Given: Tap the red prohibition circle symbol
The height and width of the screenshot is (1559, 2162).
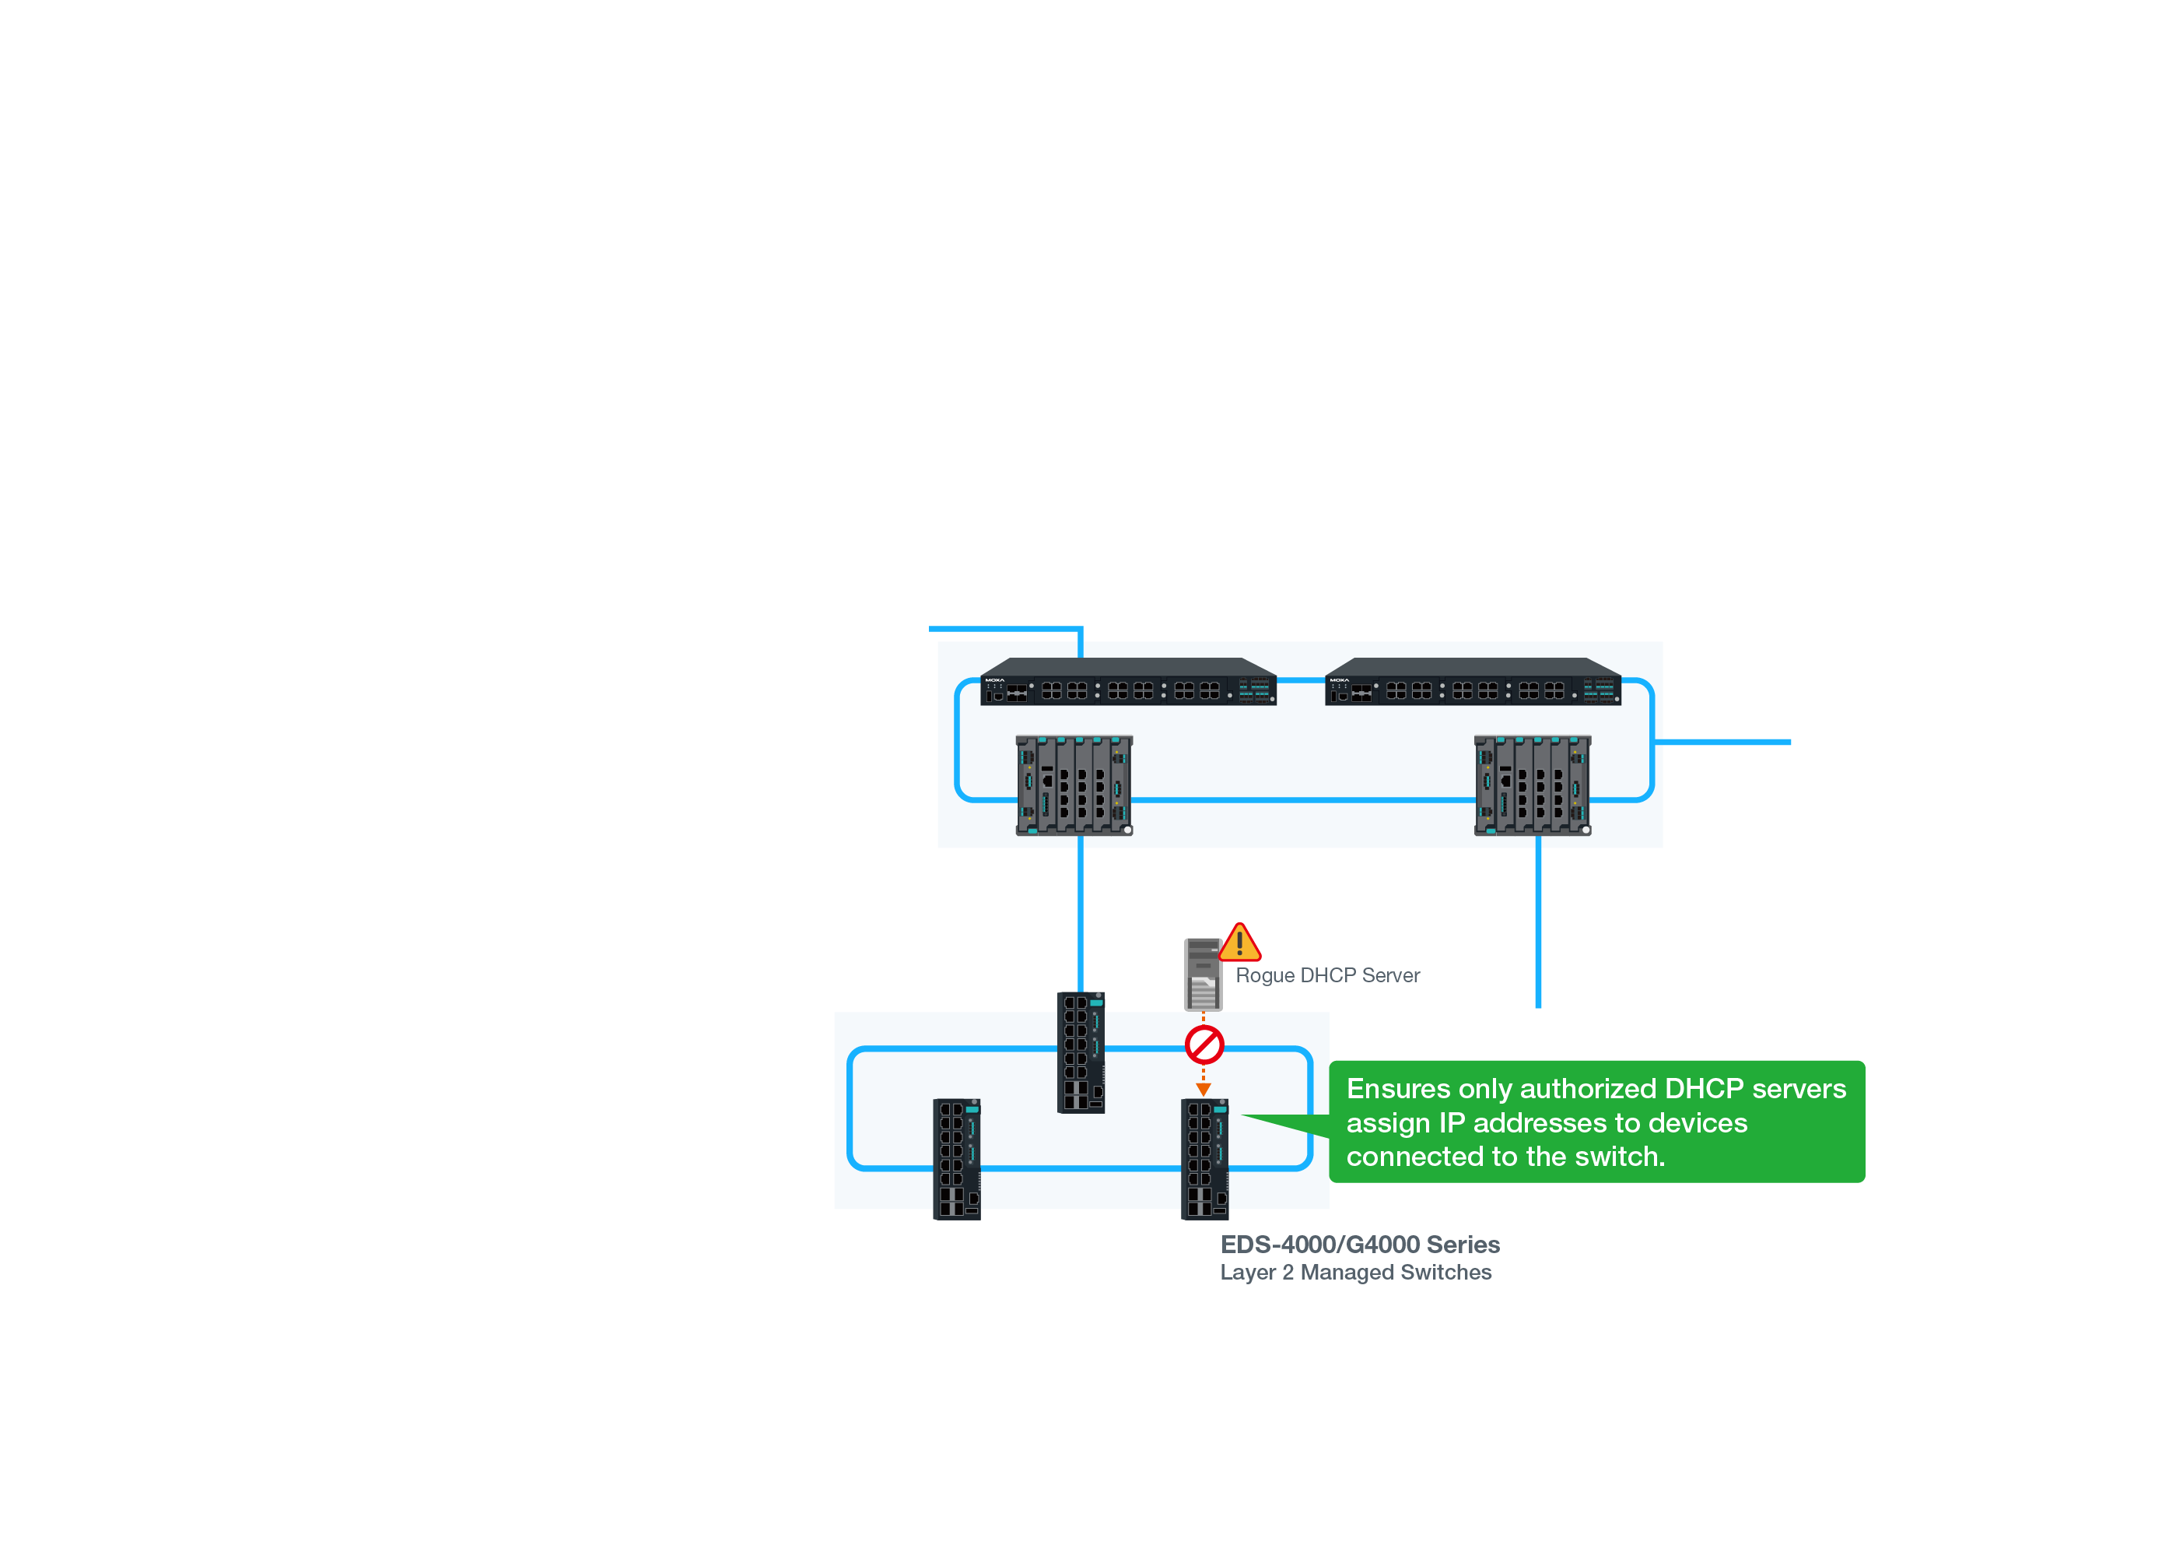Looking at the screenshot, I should (1204, 1045).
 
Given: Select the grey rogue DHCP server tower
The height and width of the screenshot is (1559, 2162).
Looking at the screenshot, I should (1202, 974).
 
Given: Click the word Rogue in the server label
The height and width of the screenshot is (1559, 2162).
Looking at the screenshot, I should (1264, 975).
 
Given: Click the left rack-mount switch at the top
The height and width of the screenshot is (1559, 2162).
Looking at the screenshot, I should (1128, 683).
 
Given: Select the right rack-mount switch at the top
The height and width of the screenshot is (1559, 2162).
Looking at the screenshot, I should (1473, 683).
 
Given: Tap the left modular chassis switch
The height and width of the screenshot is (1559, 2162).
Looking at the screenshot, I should (1074, 785).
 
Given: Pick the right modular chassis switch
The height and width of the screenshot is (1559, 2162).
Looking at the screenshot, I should (1532, 785).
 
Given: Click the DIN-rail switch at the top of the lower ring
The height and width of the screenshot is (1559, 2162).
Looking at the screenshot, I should (1081, 1052).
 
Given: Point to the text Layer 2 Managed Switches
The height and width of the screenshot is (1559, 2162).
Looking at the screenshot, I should (1355, 1272).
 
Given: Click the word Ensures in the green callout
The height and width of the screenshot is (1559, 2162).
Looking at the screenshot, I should (1397, 1089).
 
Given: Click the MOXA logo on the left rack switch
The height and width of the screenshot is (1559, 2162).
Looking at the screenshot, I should (994, 679).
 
